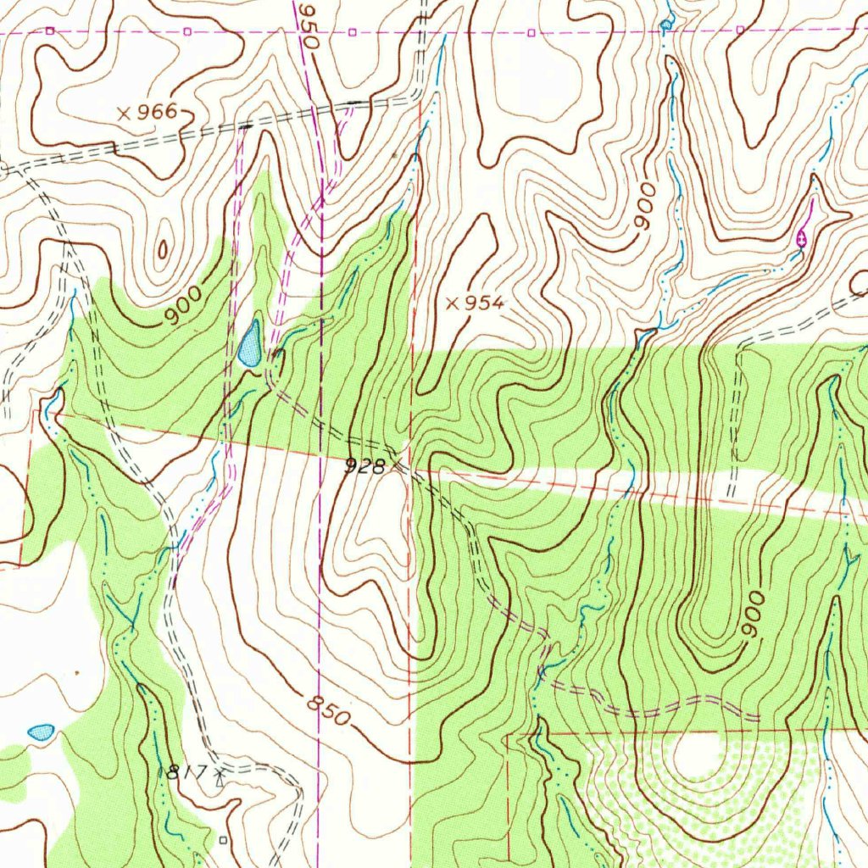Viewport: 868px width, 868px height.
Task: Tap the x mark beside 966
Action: coord(124,113)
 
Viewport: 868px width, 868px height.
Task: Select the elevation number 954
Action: coord(484,303)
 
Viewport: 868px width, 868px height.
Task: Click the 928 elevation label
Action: coord(365,465)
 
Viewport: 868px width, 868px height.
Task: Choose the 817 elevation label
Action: coord(187,772)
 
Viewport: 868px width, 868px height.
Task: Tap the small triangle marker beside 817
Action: coord(220,774)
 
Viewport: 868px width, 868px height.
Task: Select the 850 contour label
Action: coord(327,710)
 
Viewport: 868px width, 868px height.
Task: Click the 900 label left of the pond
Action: coord(183,306)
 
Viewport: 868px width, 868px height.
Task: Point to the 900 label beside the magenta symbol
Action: coord(645,205)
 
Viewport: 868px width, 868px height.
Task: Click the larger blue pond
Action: coord(250,344)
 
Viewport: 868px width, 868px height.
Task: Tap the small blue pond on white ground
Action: coord(41,731)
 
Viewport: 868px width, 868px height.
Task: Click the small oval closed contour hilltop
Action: coord(162,248)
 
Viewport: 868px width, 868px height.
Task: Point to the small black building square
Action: coord(223,840)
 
